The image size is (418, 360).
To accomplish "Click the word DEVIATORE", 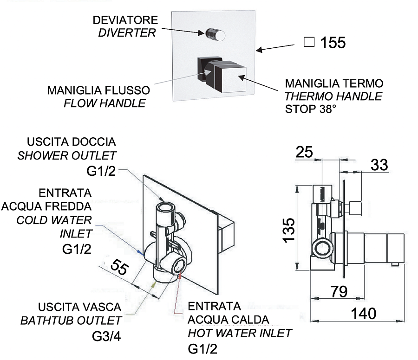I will coord(125,20).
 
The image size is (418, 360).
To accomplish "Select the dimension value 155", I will coord(333,43).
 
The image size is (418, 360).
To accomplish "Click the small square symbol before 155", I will coord(309,42).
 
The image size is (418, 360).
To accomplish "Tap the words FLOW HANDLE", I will coord(104,103).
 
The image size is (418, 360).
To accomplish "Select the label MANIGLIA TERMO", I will coord(334,84).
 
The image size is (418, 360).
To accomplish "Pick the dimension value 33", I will coord(379,164).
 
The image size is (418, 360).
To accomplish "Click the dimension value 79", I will coord(339,292).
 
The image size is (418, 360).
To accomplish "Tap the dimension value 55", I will coord(119,268).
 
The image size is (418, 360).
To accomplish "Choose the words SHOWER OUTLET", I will coord(67,155).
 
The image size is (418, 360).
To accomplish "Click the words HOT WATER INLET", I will coord(240,333).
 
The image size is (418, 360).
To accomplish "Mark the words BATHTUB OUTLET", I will coord(71,321).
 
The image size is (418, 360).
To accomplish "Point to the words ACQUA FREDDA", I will coord(46,206).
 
